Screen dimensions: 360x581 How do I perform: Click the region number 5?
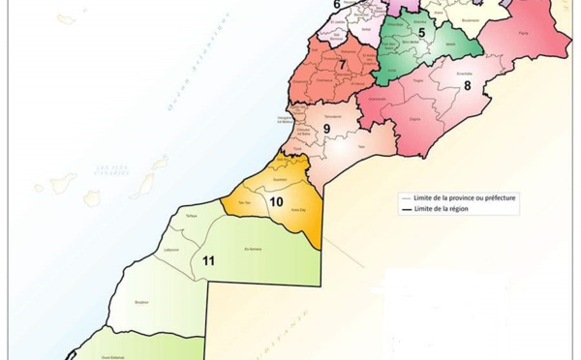point(422,34)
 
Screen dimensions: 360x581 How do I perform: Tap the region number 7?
point(343,66)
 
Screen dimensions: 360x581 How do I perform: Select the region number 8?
point(467,85)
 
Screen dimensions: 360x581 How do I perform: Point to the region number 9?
point(326,129)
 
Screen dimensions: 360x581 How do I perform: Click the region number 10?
point(276,202)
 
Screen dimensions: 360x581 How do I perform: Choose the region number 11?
point(208,260)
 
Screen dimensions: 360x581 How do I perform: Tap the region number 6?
point(337,5)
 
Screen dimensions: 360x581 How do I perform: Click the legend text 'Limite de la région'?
point(453,208)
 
